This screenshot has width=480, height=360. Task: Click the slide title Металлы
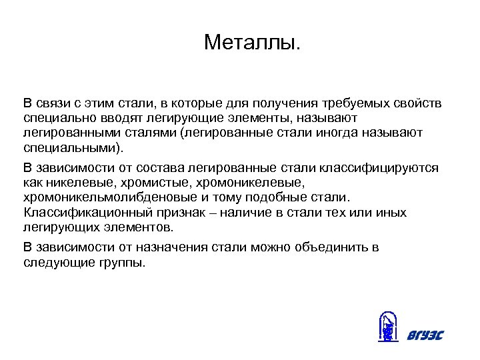point(253,43)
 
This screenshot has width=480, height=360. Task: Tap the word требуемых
point(355,103)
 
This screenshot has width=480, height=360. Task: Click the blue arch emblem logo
point(387,327)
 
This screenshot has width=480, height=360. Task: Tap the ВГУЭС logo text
point(425,335)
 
